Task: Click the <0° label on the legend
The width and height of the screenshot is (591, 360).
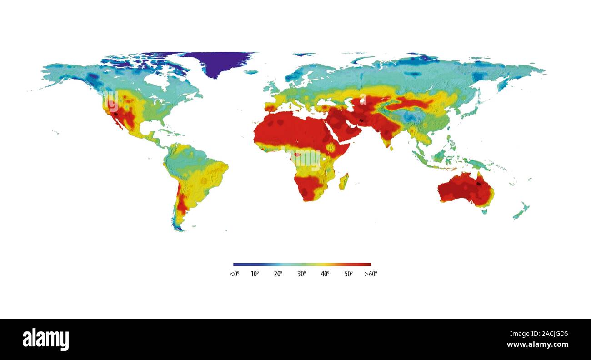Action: (234, 274)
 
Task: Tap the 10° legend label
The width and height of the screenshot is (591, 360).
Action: (255, 274)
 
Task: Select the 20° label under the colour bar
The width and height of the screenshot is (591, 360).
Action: (278, 274)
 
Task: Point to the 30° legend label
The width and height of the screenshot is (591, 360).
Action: (302, 274)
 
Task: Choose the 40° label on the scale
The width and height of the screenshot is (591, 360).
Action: (325, 274)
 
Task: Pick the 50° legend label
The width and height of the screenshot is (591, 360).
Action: (349, 274)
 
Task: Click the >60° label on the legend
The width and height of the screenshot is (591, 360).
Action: (371, 274)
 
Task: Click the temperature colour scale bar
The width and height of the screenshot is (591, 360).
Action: (302, 264)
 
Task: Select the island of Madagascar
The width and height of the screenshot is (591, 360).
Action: (344, 181)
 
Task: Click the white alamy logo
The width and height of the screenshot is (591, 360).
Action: (45, 340)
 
